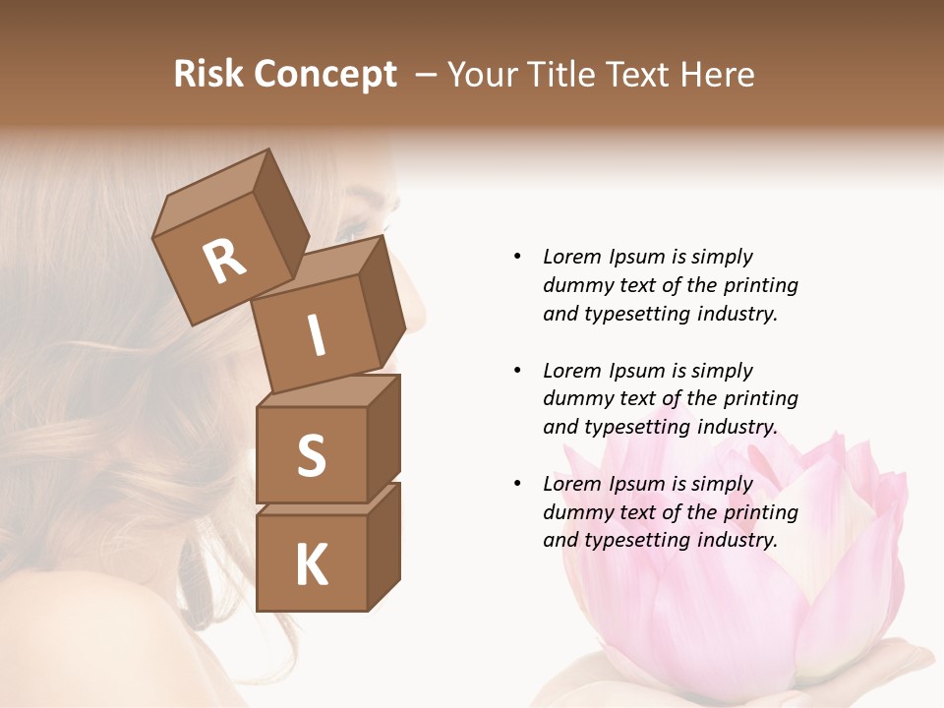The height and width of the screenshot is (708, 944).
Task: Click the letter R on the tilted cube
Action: (225, 261)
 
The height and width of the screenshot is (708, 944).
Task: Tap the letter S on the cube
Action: (311, 454)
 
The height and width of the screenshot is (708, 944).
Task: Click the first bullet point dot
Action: (517, 258)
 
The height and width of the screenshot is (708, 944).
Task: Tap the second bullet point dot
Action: (517, 371)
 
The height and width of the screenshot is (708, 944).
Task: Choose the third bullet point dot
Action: (517, 484)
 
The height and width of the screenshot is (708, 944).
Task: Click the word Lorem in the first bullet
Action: (570, 258)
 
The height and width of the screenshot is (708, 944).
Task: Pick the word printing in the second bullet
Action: (758, 399)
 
